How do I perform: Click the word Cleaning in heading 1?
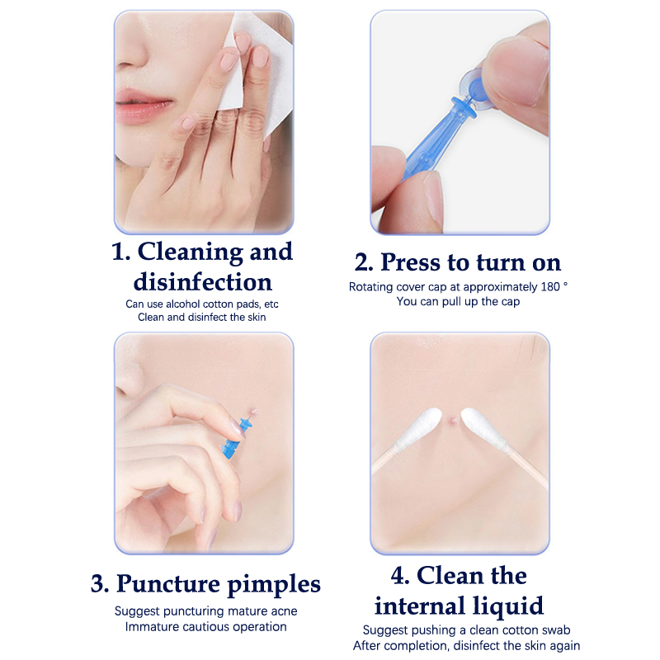point(191,252)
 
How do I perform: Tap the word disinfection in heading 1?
point(202,281)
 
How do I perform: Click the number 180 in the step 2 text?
point(550,286)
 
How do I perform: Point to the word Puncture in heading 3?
point(168,584)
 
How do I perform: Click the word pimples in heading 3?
point(274,585)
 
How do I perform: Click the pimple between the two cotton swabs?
point(452,420)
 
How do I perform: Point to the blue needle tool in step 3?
point(237,437)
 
